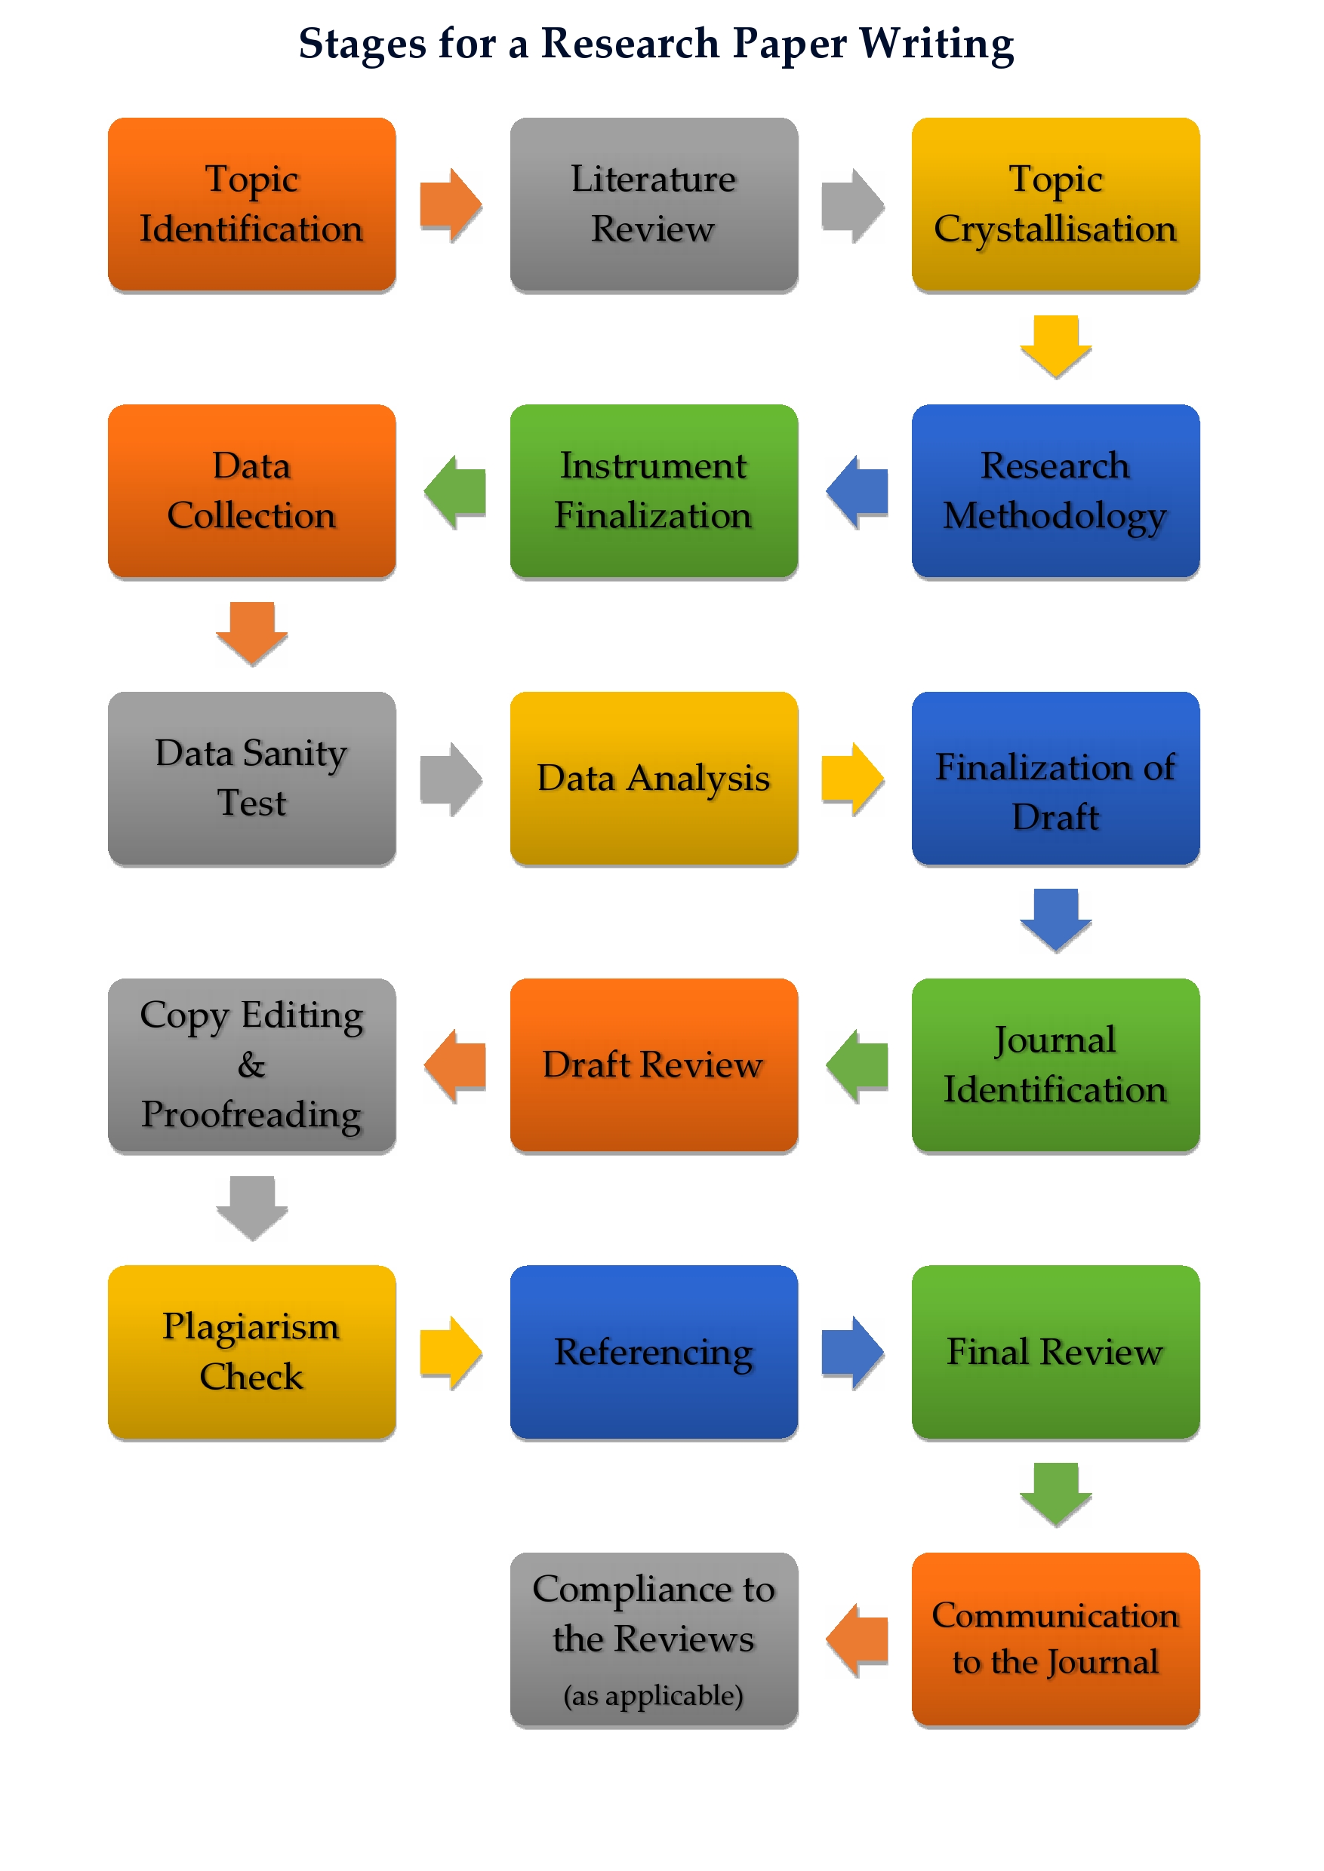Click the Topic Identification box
click(251, 204)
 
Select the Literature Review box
click(653, 204)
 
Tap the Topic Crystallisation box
click(1055, 204)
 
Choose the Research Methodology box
click(1055, 490)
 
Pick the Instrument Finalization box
click(653, 490)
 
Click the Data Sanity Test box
click(251, 779)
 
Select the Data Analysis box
click(653, 779)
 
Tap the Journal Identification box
click(1055, 1065)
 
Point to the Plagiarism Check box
click(251, 1352)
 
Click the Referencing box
click(653, 1352)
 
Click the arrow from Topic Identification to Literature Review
click(451, 204)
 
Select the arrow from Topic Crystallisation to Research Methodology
click(1056, 346)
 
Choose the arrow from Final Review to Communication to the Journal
click(1056, 1494)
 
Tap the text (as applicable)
click(653, 1695)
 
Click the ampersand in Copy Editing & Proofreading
click(251, 1065)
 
